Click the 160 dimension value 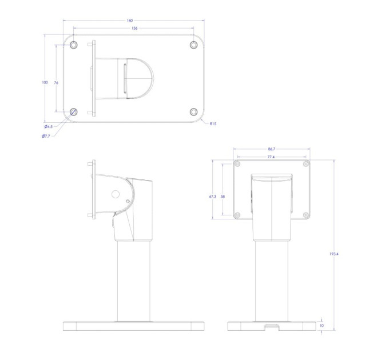click(x=130, y=21)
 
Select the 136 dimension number click(x=134, y=28)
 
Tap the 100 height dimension click(x=45, y=82)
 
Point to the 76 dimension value click(x=56, y=83)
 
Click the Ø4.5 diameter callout click(x=49, y=127)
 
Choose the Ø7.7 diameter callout click(x=46, y=136)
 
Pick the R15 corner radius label click(x=213, y=123)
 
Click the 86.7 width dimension click(x=272, y=149)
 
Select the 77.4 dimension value click(x=271, y=157)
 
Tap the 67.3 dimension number click(x=213, y=197)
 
